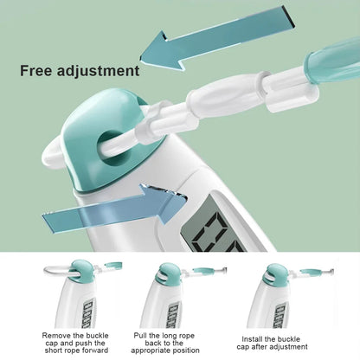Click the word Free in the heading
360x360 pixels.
pyautogui.click(x=36, y=71)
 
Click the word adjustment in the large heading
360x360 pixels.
pyautogui.click(x=99, y=72)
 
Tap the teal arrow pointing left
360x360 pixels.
pyautogui.click(x=217, y=38)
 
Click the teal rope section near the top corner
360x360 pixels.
pyautogui.click(x=331, y=63)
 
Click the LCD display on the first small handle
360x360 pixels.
pyautogui.click(x=88, y=313)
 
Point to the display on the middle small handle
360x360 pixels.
pyautogui.click(x=175, y=315)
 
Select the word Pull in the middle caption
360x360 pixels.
pyautogui.click(x=140, y=336)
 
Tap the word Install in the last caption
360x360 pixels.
pyautogui.click(x=252, y=339)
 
